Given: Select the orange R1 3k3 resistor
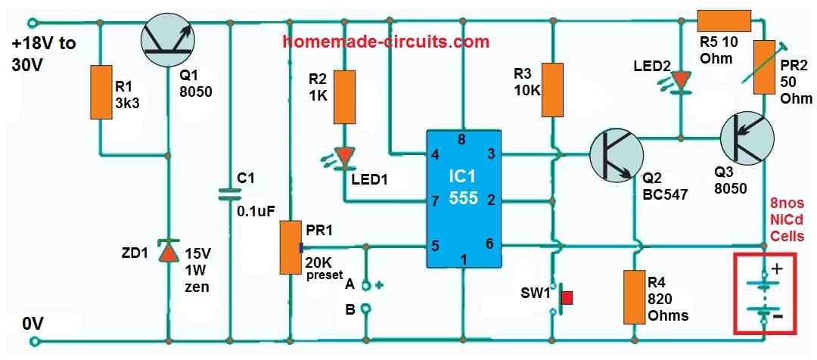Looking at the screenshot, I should point(101,92).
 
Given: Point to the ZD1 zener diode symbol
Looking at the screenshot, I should point(167,251).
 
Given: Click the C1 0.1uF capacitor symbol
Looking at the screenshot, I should point(228,193).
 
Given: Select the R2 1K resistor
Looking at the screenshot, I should point(345,97).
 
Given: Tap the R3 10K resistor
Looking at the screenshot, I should point(554,90).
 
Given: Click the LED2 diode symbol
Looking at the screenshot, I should point(682,80).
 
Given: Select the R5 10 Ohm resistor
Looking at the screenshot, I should point(723,21).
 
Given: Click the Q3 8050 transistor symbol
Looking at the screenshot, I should point(746,140).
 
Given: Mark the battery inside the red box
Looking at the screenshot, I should point(764,294).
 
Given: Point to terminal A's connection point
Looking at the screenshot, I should point(365,286).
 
